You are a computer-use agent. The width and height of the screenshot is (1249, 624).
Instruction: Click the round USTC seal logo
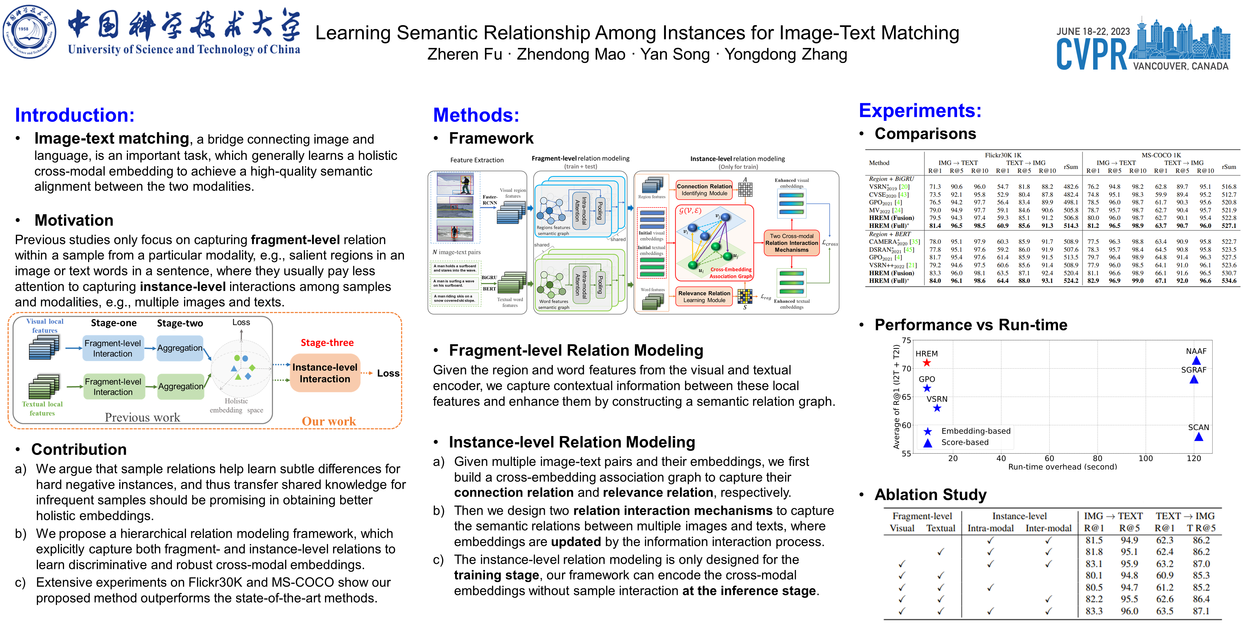29,32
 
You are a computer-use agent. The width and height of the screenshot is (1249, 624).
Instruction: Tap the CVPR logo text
1092,54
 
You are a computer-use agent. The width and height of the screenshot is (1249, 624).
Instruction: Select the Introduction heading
75,115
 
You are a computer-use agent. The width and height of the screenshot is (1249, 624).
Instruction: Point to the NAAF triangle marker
1196,360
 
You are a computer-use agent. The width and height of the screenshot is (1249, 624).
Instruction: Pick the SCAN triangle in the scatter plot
1199,437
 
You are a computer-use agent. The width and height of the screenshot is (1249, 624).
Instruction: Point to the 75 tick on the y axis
906,340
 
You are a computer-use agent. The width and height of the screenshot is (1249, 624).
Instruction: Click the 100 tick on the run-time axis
1145,458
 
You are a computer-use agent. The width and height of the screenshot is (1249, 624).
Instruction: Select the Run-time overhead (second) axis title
1062,467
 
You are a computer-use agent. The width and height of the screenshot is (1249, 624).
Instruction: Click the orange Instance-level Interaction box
325,373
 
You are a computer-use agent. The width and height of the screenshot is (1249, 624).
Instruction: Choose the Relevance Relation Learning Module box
704,297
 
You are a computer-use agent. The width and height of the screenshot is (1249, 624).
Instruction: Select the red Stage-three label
327,343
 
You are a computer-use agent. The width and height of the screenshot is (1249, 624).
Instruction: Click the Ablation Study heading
930,495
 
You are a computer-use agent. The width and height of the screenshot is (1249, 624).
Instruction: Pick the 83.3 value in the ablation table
1094,611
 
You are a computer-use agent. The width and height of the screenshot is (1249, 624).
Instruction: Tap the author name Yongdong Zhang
786,54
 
